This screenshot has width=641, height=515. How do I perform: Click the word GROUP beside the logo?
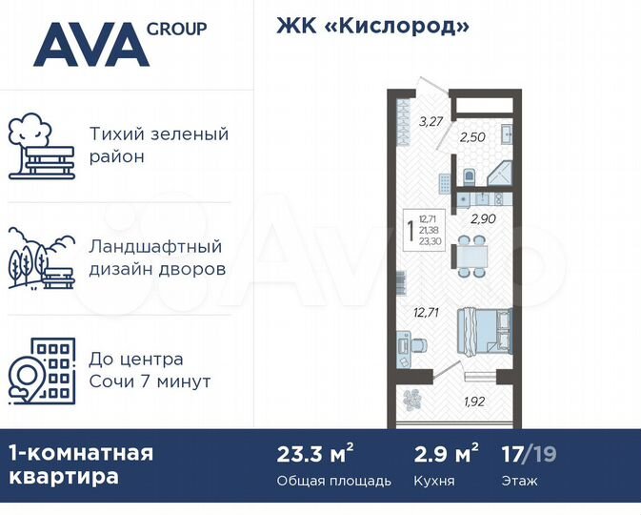pyautogui.click(x=176, y=29)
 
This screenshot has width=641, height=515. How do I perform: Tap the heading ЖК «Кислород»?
pyautogui.click(x=373, y=27)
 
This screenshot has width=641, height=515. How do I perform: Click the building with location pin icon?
pyautogui.click(x=41, y=371)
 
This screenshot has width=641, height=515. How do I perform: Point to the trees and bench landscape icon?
pyautogui.click(x=41, y=258)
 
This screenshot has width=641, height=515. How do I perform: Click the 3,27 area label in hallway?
pyautogui.click(x=431, y=121)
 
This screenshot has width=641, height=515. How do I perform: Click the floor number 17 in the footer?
pyautogui.click(x=512, y=453)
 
